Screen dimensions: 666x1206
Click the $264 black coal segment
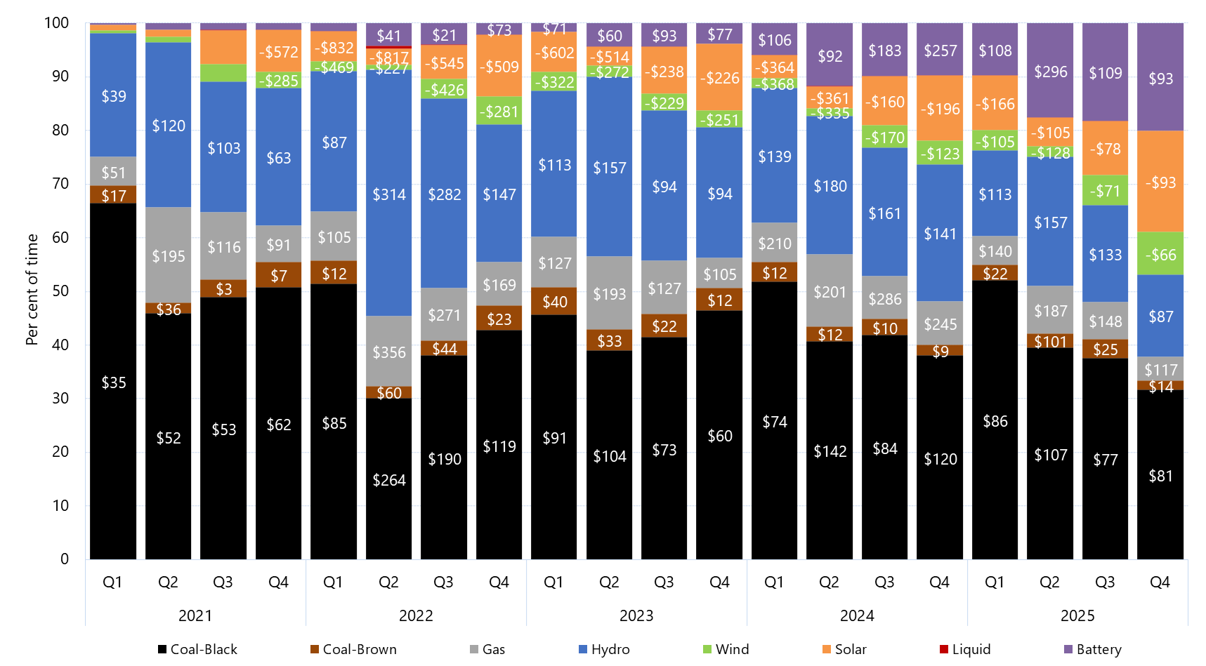click(x=388, y=479)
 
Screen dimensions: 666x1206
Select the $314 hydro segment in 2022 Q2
click(x=388, y=194)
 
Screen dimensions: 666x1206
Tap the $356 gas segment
click(x=388, y=352)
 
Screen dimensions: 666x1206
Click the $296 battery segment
click(x=1050, y=71)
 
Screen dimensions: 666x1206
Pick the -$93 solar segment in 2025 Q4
click(x=1160, y=182)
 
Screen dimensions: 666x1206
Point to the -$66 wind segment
click(x=1160, y=254)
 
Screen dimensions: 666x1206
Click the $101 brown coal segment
click(x=1050, y=342)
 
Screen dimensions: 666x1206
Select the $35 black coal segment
click(x=113, y=382)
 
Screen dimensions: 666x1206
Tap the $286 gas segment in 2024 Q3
click(x=884, y=298)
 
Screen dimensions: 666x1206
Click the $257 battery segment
click(x=940, y=50)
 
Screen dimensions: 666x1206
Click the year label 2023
click(x=636, y=615)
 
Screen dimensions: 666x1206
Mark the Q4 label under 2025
click(x=1160, y=582)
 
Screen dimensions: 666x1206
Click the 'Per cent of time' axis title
click(x=32, y=290)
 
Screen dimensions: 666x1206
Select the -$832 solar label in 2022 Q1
click(x=334, y=47)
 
